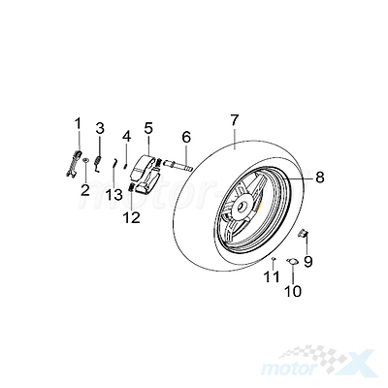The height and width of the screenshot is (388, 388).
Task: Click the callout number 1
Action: [78, 124]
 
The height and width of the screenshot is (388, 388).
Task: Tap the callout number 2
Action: [85, 189]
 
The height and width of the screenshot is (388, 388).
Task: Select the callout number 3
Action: [100, 128]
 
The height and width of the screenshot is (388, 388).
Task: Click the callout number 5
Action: [148, 128]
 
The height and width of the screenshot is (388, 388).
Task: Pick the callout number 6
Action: [186, 137]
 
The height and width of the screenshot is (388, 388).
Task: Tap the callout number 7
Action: [235, 120]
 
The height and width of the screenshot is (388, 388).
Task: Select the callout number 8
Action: [320, 178]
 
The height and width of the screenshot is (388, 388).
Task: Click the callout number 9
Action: [307, 261]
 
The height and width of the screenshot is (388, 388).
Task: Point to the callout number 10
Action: [293, 291]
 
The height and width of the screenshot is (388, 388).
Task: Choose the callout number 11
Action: [271, 276]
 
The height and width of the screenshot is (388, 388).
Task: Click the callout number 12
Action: [132, 217]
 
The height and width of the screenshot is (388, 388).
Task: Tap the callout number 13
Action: [114, 195]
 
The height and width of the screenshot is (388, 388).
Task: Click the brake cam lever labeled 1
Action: [75, 163]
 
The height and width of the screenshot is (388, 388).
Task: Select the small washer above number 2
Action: [85, 160]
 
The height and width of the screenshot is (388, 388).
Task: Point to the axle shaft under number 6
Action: [178, 165]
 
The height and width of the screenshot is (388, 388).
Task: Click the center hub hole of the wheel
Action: [242, 207]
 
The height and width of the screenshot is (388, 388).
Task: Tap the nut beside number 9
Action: [303, 233]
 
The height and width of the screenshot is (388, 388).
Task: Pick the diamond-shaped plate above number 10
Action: [293, 262]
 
